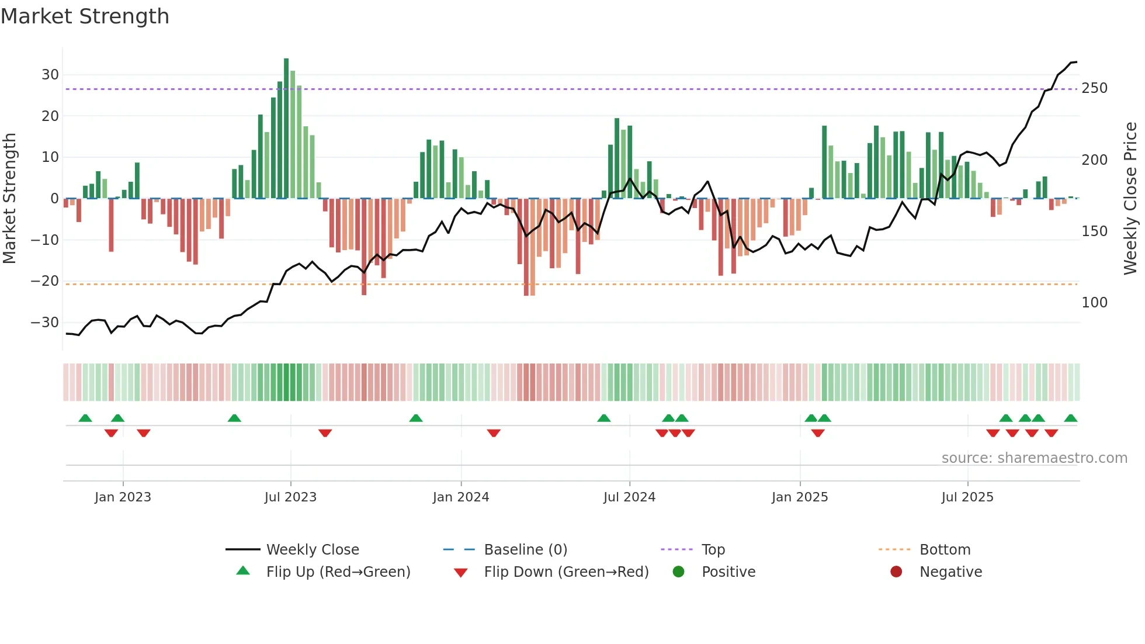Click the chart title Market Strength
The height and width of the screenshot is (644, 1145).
point(85,16)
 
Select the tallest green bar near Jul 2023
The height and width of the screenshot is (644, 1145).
point(286,129)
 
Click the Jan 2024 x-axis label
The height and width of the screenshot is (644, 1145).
point(460,497)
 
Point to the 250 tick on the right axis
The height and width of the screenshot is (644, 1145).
point(1094,88)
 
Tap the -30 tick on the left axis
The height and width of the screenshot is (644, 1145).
point(45,323)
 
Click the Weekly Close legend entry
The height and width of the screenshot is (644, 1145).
point(312,550)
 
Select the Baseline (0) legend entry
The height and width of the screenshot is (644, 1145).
point(525,550)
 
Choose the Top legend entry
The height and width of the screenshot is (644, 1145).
point(713,550)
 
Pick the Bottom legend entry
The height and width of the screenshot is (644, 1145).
point(945,550)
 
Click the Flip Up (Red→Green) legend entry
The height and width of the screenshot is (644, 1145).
point(338,572)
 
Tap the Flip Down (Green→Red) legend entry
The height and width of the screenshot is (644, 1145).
point(565,572)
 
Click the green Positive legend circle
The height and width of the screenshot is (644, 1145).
point(678,572)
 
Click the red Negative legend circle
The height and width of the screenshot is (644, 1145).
point(896,572)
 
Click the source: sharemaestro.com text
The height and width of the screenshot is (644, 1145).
point(1034,458)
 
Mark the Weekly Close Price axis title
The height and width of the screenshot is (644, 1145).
point(1130,199)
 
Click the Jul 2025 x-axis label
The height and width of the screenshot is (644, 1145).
point(967,497)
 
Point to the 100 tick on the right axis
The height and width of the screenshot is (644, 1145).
point(1094,303)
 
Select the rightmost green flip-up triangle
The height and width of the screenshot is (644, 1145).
point(1070,418)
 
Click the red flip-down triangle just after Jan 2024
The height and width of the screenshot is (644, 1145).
point(494,433)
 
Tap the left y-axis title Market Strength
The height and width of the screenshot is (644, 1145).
point(10,199)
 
